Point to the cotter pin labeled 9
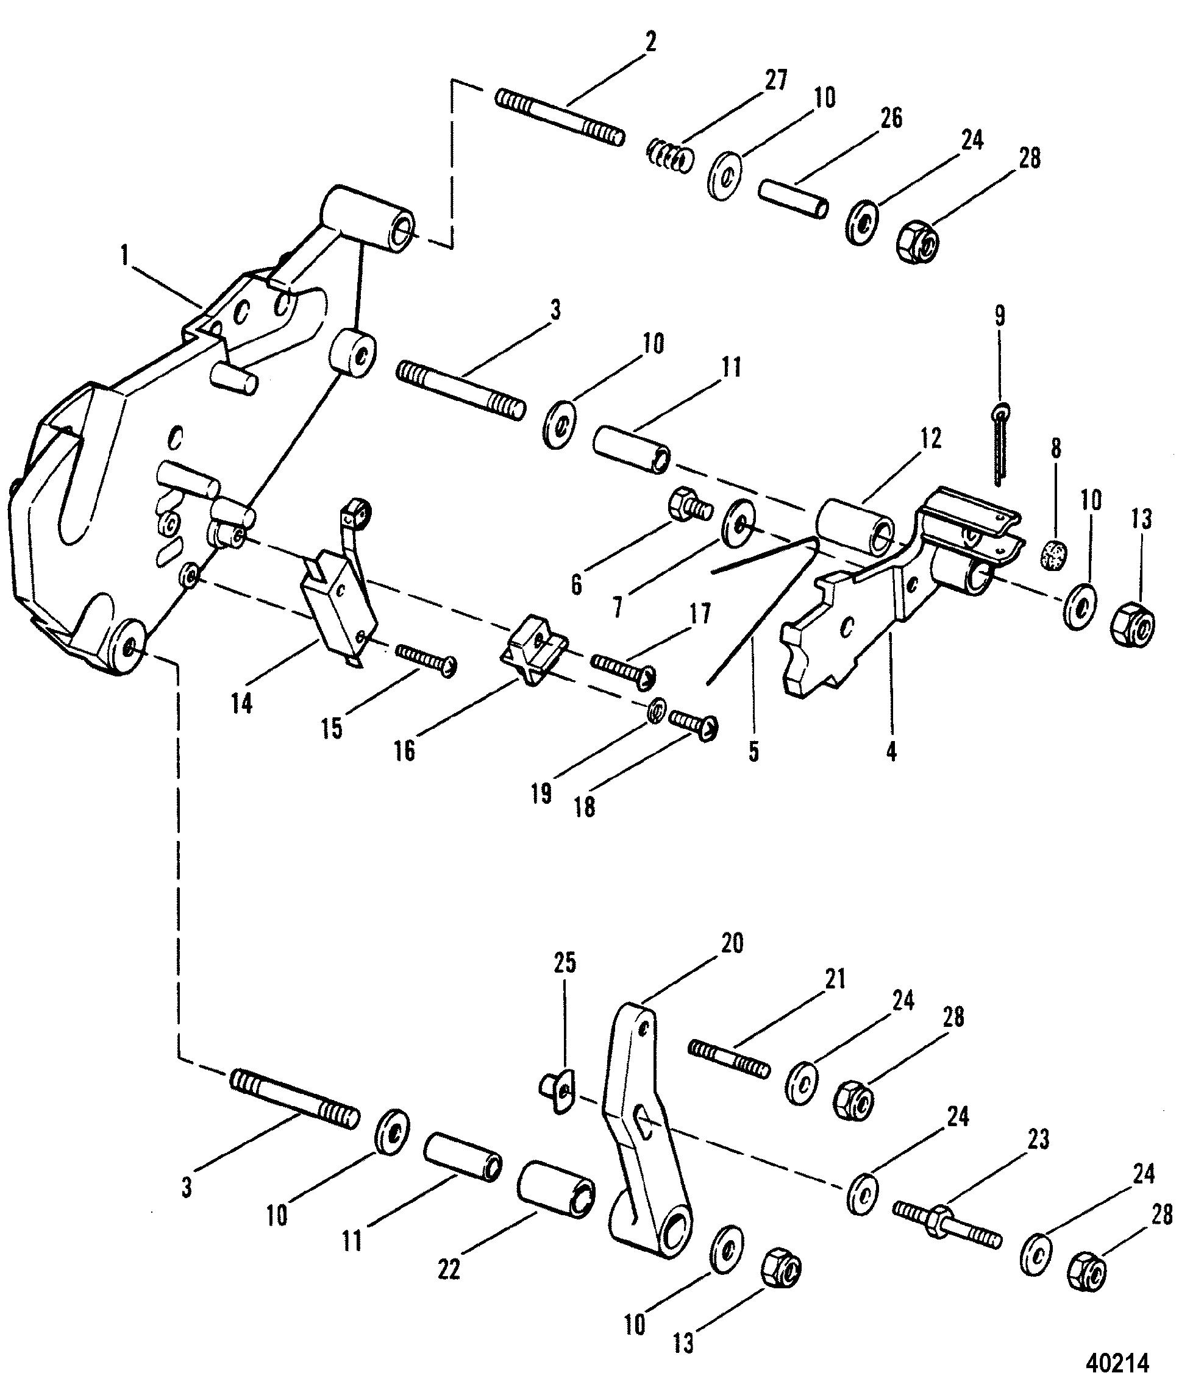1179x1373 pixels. click(1000, 445)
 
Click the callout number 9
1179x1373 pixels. click(999, 316)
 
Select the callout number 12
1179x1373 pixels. click(930, 439)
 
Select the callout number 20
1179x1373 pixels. click(732, 943)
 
